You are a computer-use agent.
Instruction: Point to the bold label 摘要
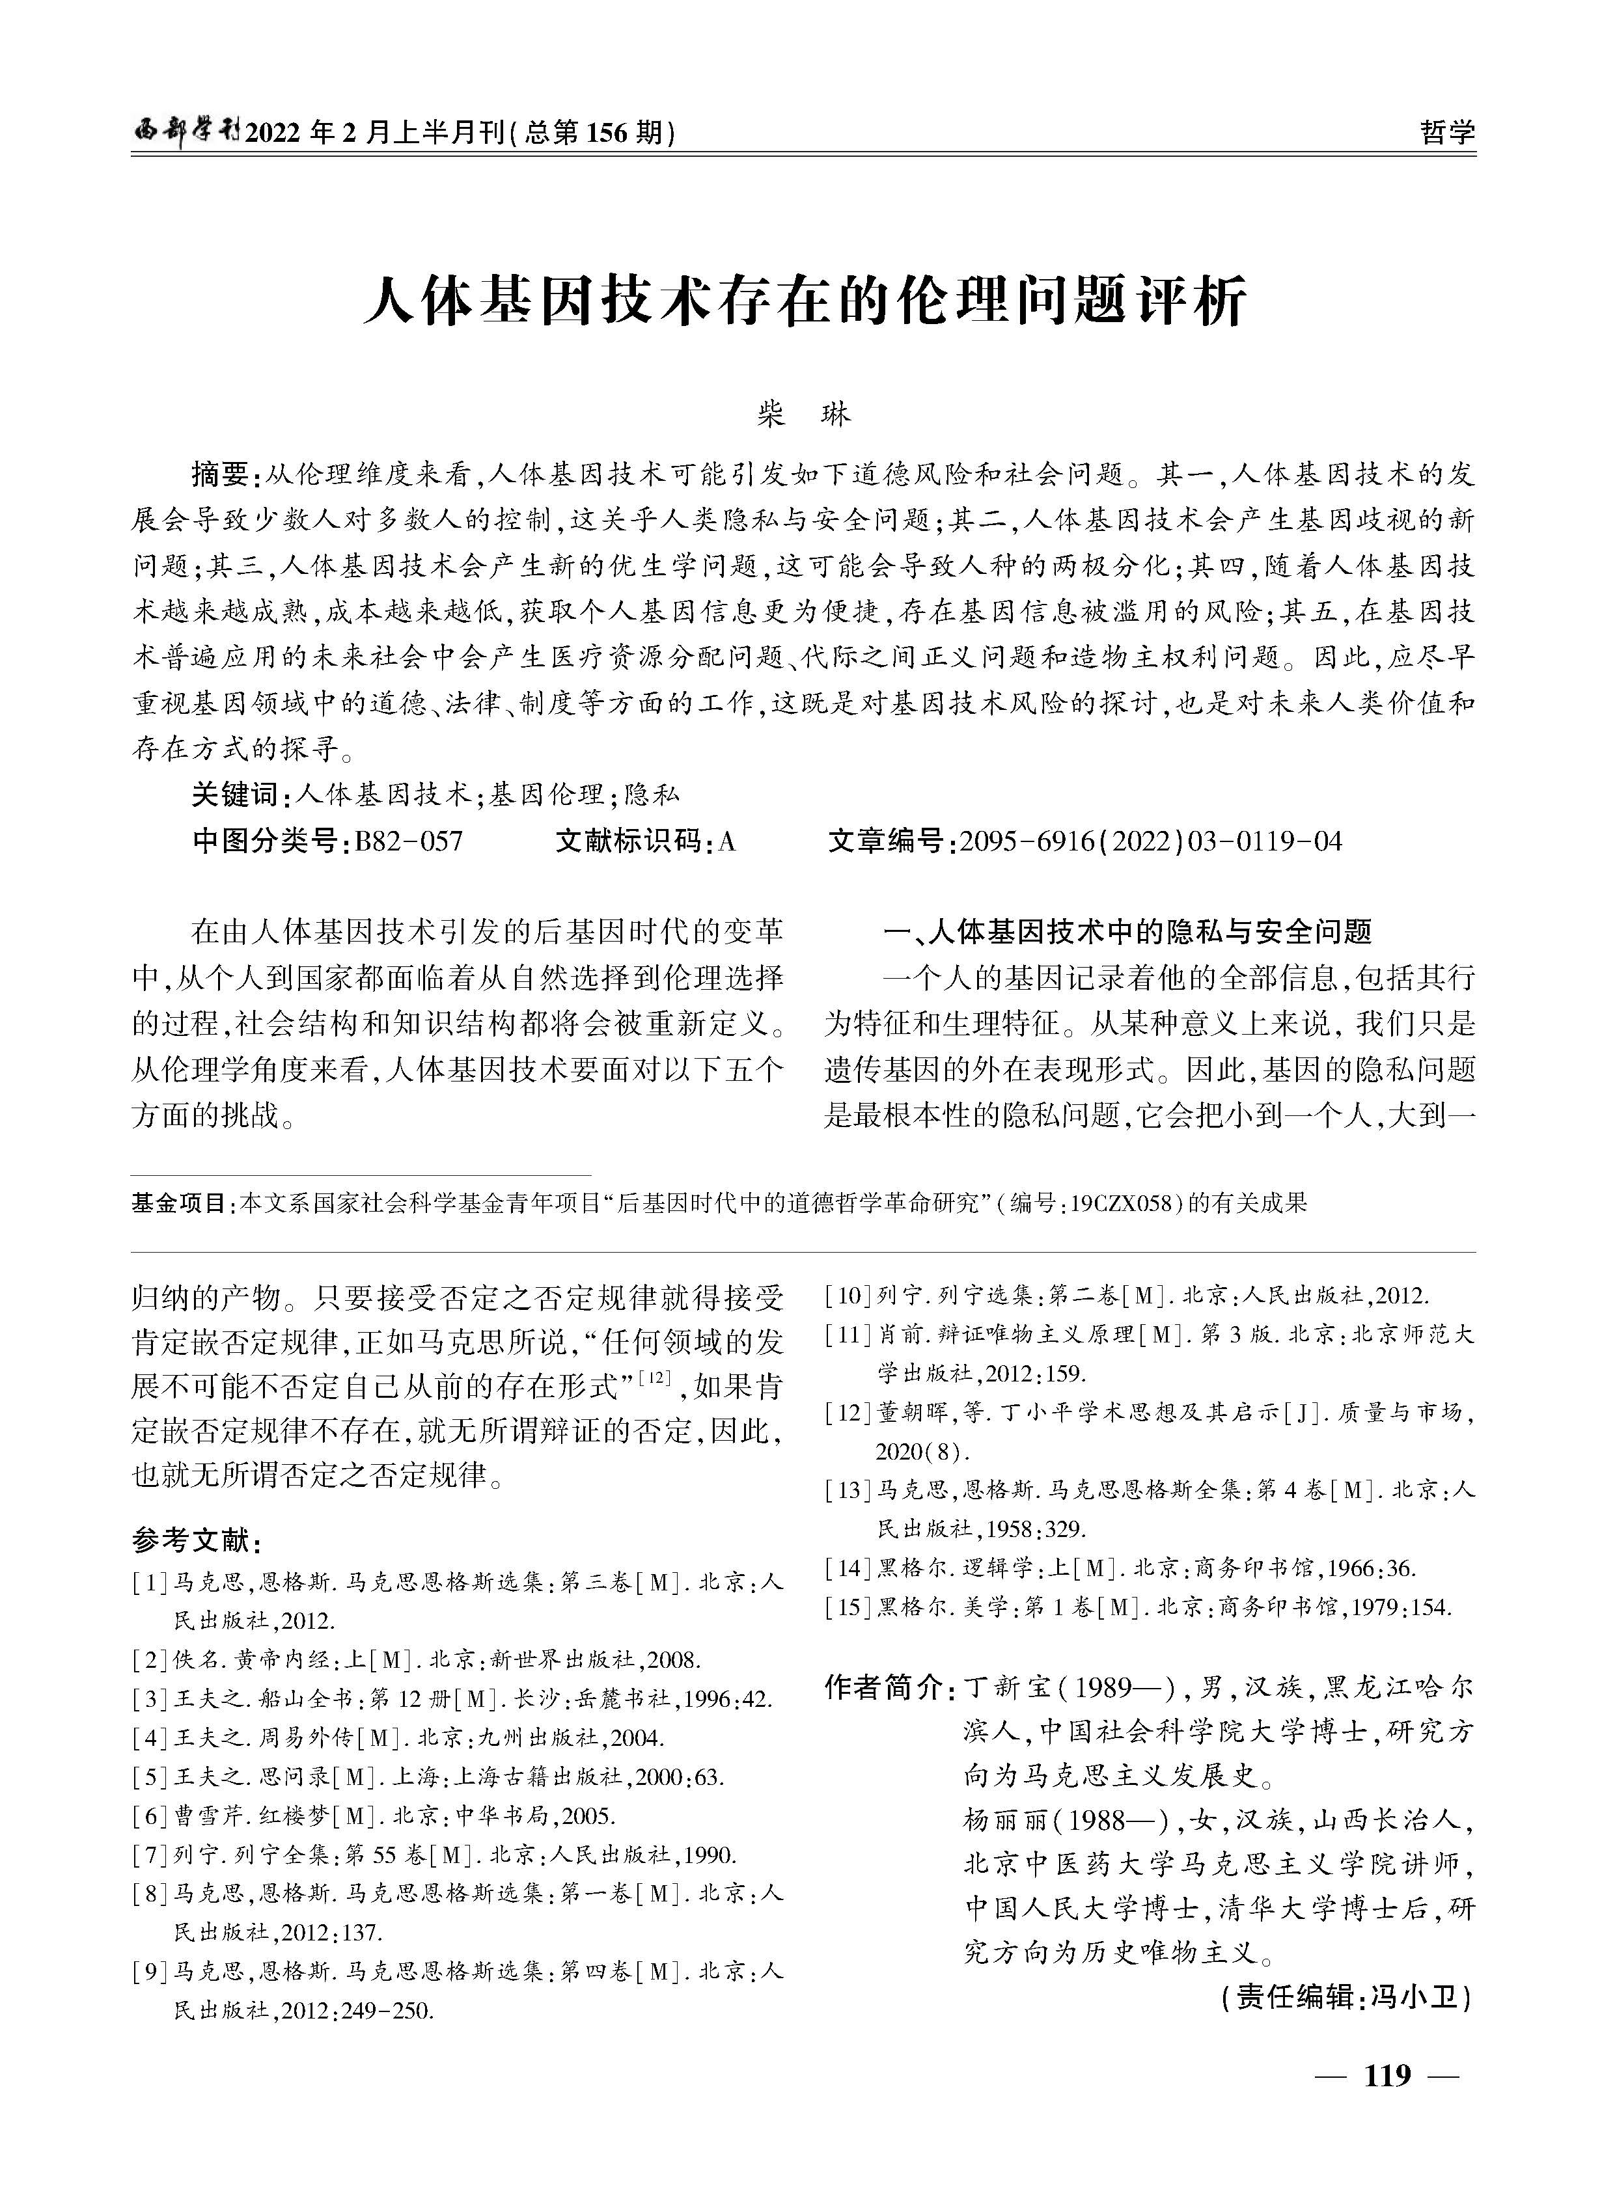coord(221,475)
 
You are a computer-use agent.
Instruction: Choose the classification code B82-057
coord(409,841)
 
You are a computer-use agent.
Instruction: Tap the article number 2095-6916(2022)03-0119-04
coord(1151,841)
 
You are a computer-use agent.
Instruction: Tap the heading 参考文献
coord(195,1541)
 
